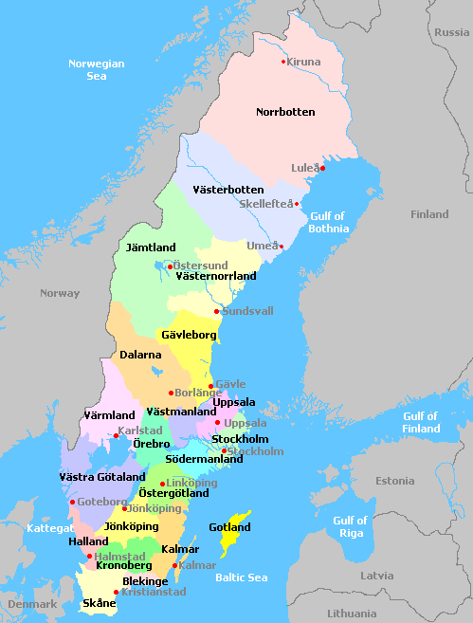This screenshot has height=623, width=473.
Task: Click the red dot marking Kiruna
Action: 282,62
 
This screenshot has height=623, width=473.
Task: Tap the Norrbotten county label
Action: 285,112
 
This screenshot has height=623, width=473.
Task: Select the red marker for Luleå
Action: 322,168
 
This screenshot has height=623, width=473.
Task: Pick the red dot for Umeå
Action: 282,247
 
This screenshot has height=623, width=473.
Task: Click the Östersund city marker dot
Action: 170,266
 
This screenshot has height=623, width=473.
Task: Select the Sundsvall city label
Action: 247,311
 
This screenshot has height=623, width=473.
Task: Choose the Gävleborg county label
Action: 190,336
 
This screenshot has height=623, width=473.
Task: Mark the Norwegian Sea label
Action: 96,69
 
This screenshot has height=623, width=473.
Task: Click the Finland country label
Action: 429,214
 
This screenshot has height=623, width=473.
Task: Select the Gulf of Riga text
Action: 350,526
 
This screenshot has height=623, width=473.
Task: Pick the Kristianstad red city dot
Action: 117,592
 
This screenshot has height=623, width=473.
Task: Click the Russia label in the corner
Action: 451,32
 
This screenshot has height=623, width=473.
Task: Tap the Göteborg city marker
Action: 72,502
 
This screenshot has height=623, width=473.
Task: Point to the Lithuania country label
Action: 352,614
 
